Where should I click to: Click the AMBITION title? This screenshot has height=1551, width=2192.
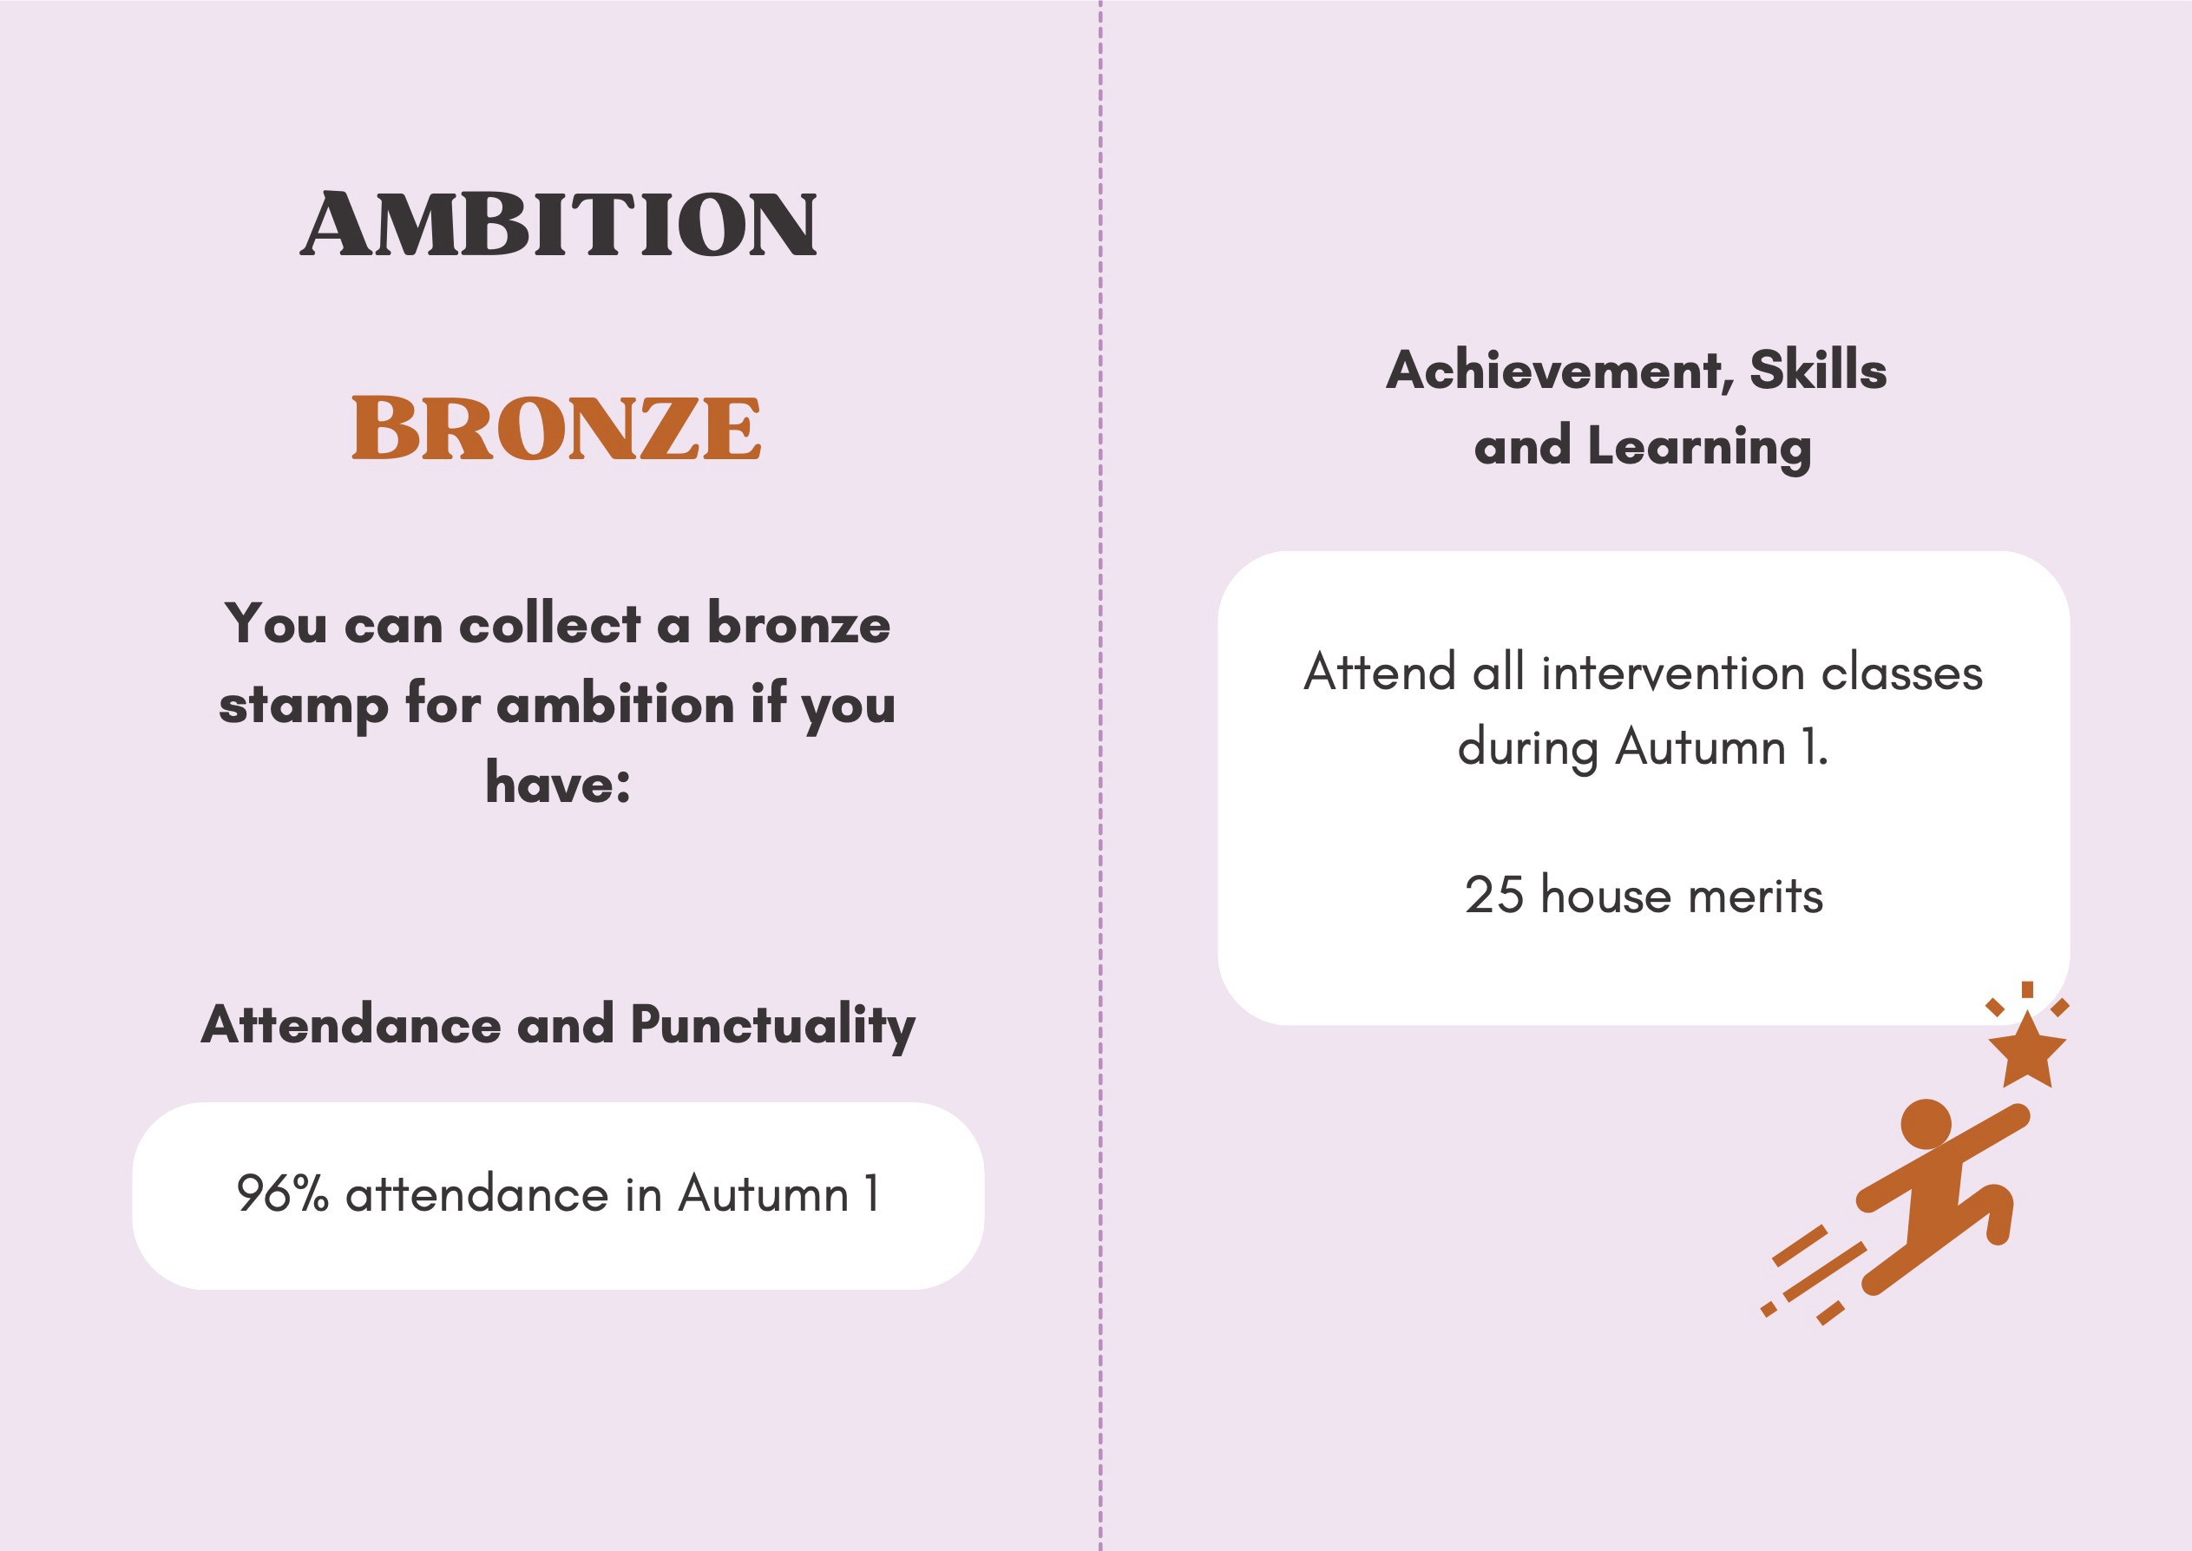coord(559,225)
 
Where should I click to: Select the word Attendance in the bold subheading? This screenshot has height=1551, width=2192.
coord(351,1025)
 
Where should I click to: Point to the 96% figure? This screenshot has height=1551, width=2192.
coord(283,1193)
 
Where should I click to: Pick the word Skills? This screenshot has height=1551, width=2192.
coord(1818,370)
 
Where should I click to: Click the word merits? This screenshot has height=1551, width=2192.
coord(1755,896)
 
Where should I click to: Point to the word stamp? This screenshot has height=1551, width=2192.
coord(304,706)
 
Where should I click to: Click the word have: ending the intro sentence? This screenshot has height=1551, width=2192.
coord(558,782)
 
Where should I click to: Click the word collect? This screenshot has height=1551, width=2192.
coord(549,625)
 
